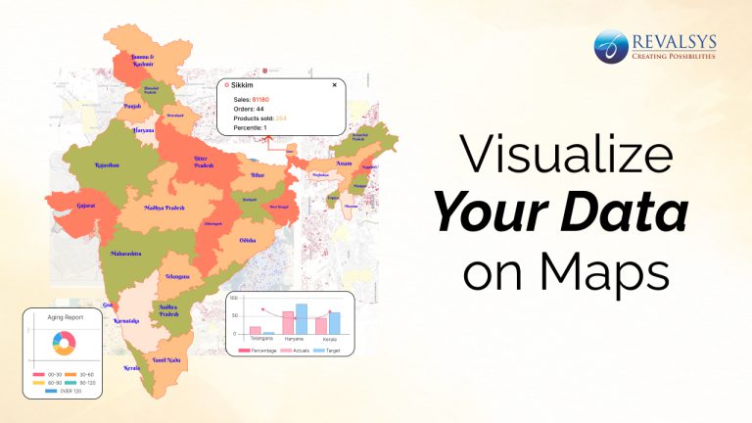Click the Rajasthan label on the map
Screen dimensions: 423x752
(105, 165)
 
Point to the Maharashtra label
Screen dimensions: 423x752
(124, 255)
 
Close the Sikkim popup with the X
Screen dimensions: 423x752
(334, 85)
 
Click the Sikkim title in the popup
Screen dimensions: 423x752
(241, 85)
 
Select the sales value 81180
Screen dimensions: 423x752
(260, 99)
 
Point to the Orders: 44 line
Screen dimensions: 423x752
(249, 109)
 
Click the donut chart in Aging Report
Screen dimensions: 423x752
(62, 344)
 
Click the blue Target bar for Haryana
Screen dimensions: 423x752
(302, 318)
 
